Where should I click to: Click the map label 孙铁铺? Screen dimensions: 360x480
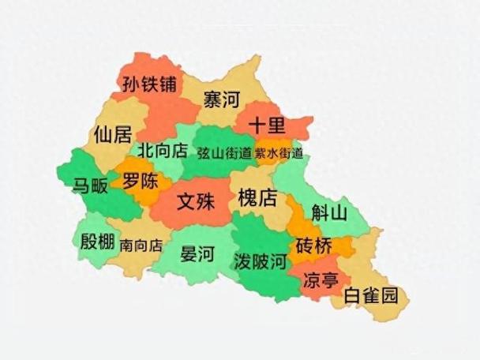[x=149, y=84]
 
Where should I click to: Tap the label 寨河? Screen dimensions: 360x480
[x=221, y=100]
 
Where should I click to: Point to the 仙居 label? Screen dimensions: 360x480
[x=112, y=133]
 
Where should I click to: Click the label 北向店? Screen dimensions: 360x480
[x=162, y=150]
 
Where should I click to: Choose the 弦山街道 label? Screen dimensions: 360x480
[x=223, y=152]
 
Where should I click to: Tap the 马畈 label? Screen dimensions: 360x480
[x=92, y=186]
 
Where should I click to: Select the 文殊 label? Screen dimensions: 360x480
[x=195, y=202]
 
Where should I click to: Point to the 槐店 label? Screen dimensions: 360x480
[x=257, y=197]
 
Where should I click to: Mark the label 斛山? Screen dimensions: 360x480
[x=329, y=212]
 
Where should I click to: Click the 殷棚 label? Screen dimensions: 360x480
[x=97, y=242]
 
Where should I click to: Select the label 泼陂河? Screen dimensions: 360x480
[x=260, y=261]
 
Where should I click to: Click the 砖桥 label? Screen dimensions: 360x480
[x=314, y=246]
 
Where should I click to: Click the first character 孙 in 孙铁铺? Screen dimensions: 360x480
[x=131, y=84]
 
